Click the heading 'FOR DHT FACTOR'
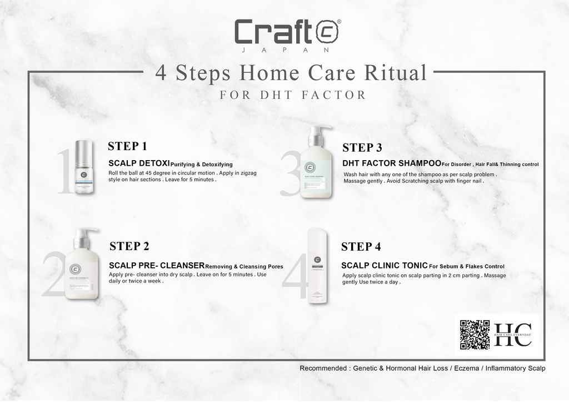pos(293,95)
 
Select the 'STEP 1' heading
pos(127,146)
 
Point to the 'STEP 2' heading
pos(129,246)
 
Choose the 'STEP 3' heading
pos(362,147)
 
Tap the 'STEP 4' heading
pos(361,246)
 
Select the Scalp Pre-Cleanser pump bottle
pos(82,264)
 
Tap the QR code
pos(475,335)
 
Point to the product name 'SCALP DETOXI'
pos(138,163)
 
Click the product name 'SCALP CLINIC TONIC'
pos(384,265)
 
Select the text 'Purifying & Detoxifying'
pos(201,165)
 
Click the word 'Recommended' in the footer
pos(320,368)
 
